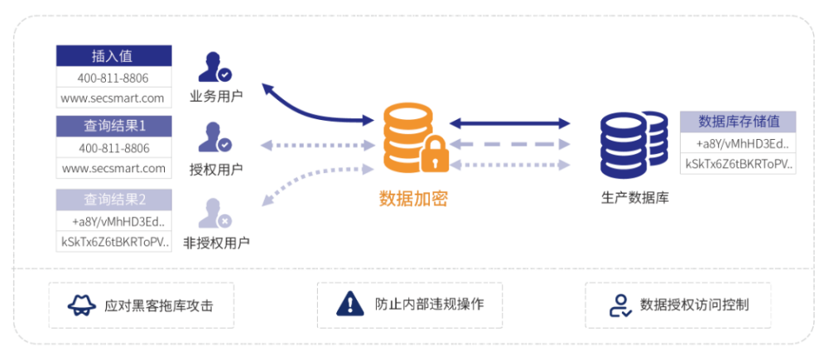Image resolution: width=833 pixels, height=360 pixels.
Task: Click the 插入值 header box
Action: point(113,56)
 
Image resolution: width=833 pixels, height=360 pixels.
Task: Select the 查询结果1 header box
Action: point(113,127)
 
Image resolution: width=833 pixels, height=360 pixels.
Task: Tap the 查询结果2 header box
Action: point(113,199)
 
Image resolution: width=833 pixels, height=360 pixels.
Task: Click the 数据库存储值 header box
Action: point(738,122)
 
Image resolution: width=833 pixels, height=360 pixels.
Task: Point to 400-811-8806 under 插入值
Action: point(113,78)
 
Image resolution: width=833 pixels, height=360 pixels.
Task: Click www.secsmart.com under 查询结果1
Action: point(113,169)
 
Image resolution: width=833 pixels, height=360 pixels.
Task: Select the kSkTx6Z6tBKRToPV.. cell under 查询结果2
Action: point(113,242)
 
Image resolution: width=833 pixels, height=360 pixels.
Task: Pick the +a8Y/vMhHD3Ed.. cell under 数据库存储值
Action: point(738,143)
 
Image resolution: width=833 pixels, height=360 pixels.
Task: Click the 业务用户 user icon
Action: point(214,69)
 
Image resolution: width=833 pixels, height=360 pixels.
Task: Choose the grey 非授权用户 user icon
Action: point(214,213)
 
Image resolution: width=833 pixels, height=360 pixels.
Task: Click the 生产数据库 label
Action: point(635,199)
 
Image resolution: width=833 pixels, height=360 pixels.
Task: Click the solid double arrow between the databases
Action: point(510,123)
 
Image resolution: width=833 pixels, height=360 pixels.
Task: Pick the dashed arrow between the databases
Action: point(510,144)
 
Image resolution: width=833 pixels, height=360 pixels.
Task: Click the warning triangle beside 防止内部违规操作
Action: point(350,304)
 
